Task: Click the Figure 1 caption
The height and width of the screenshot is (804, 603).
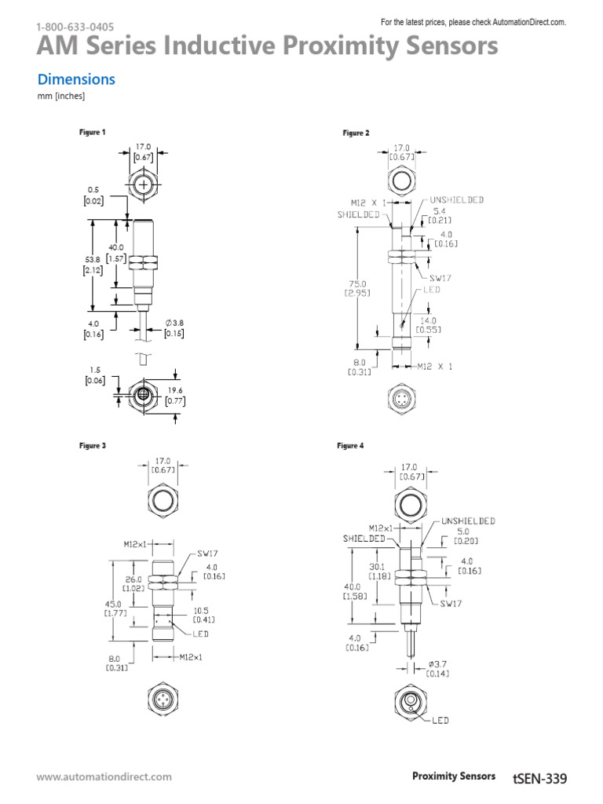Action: [92, 132]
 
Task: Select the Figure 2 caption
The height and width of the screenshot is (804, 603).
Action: [355, 133]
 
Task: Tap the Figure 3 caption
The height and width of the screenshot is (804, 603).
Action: [92, 446]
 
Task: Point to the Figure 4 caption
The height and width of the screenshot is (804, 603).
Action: [350, 446]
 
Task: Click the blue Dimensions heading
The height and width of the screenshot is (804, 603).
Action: [76, 79]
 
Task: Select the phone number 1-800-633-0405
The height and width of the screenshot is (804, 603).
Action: [69, 27]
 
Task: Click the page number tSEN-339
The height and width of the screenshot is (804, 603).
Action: [539, 777]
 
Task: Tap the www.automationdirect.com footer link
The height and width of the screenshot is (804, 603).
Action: [104, 777]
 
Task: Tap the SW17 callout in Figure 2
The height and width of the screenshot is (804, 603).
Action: [440, 278]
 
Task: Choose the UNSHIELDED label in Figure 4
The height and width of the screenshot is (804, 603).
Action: [468, 521]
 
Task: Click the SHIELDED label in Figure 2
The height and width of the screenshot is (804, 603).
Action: [359, 214]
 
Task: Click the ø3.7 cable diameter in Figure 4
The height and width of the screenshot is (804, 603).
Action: [437, 667]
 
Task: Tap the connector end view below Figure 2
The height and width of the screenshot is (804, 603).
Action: [401, 399]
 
